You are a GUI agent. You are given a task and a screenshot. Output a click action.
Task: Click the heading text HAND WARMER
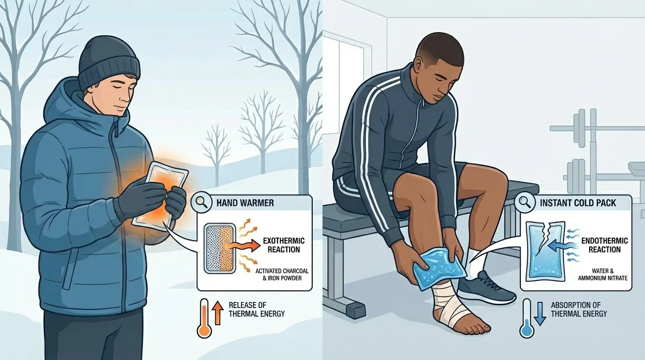tap(245, 203)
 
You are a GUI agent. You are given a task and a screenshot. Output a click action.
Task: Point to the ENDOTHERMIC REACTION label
tap(604, 245)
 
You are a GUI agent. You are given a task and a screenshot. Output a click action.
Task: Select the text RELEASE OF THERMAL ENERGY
tap(256, 309)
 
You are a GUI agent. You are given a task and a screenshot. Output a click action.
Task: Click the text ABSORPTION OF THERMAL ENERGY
tap(578, 309)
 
